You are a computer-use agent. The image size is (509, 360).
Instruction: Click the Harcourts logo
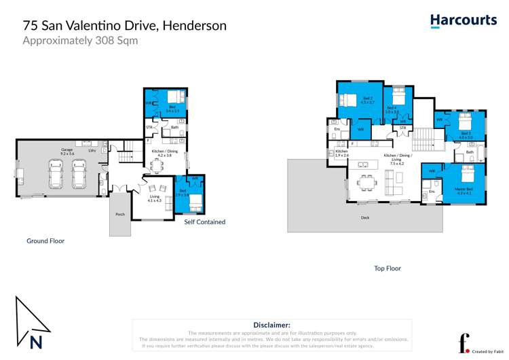[x=463, y=21]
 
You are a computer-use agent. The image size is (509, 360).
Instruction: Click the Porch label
[x=120, y=214]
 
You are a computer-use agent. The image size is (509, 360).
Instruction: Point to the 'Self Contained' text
[x=204, y=222]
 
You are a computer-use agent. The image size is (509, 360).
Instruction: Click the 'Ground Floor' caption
[x=45, y=240]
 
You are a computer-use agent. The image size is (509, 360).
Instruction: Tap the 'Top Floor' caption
[x=388, y=268]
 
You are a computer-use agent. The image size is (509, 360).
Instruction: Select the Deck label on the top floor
[x=366, y=217]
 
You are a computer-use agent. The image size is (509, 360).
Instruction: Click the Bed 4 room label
[x=392, y=109]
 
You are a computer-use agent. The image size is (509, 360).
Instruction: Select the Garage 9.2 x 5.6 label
[x=67, y=151]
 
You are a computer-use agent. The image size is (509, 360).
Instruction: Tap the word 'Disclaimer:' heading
[x=271, y=325]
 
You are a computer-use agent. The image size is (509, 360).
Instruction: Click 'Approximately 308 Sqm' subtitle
[x=80, y=41]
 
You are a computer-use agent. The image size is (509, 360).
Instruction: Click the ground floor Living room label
[x=155, y=198]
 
